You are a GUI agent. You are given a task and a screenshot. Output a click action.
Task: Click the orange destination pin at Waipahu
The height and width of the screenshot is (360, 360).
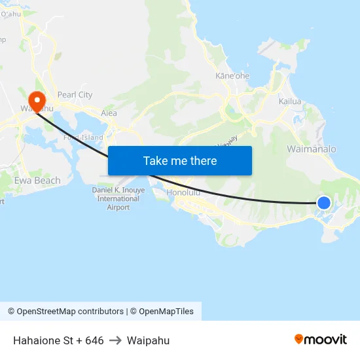37,101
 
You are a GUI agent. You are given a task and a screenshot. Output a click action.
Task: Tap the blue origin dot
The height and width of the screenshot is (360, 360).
323,202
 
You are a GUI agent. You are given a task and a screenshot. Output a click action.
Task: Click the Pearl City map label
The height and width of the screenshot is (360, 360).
75,95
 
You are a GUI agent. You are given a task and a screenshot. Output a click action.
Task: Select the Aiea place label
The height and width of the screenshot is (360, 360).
109,113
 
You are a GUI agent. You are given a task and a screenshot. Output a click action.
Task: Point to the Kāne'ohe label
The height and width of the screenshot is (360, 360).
232,76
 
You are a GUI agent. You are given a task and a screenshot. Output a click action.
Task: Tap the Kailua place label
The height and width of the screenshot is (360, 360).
290,101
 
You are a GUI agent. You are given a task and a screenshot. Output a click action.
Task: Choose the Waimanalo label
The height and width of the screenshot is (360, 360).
312,149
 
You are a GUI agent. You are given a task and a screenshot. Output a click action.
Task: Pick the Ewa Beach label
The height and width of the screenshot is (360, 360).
37,180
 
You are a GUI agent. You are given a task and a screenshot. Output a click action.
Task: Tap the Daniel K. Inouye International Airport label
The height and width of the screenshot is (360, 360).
118,198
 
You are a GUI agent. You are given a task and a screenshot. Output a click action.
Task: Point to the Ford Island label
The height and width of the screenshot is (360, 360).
84,137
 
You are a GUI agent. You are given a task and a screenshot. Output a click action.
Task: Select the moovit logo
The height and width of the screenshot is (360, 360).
321,340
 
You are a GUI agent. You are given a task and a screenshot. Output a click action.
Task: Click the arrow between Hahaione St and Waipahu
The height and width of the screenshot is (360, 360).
115,340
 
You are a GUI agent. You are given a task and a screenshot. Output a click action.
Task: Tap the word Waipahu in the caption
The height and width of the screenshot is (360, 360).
148,340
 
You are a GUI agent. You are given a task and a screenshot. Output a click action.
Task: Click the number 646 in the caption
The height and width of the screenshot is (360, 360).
94,340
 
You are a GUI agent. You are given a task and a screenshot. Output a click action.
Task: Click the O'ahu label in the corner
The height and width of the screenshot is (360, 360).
11,14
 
